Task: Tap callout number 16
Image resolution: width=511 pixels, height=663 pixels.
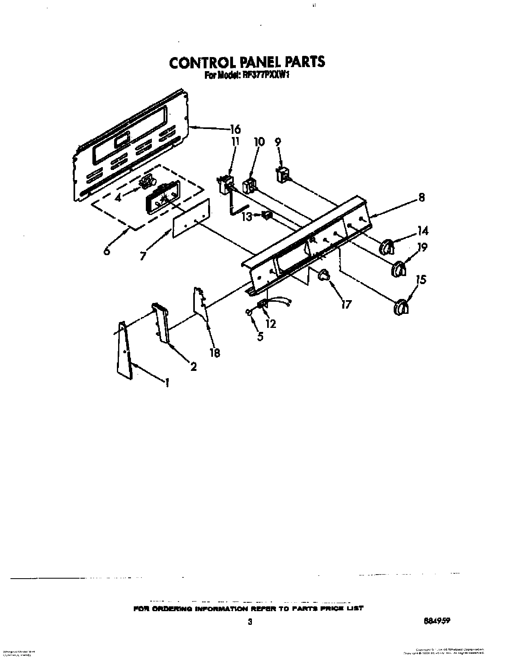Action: pos(235,129)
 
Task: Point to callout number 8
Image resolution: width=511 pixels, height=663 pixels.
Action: pos(421,197)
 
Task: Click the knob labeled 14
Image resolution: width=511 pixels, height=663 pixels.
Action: pos(387,246)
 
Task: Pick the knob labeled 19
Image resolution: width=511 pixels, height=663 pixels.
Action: pos(398,268)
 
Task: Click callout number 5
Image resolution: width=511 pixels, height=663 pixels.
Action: pos(260,336)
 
